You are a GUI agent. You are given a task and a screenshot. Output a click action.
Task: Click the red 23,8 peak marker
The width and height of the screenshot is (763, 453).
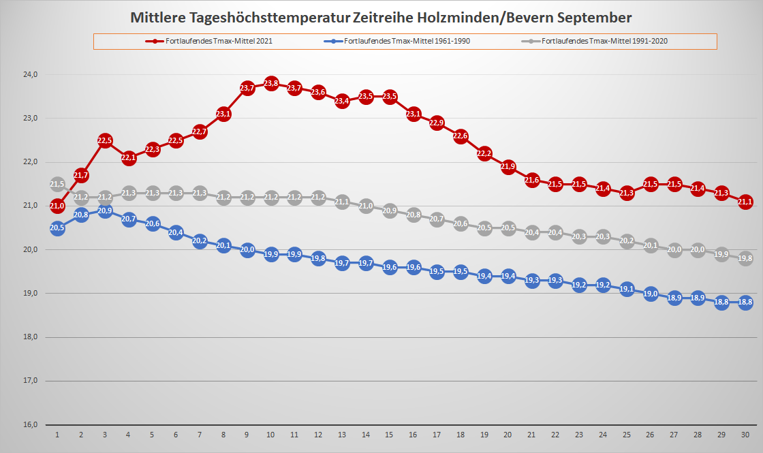(271, 83)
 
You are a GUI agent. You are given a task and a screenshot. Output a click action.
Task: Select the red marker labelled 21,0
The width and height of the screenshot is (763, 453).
(57, 206)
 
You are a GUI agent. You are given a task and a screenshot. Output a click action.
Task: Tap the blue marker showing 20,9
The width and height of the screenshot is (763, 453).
(105, 211)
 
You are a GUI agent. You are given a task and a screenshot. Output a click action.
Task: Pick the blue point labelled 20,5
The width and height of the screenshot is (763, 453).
(57, 228)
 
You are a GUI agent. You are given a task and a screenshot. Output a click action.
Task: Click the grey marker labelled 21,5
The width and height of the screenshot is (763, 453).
(57, 185)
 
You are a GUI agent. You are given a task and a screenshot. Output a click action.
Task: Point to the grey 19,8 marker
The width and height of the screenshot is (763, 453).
(745, 258)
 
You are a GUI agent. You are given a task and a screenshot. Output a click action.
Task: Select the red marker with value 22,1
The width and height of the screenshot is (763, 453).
(129, 158)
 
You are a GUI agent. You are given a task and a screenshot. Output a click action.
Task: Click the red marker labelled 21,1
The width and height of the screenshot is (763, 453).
(745, 202)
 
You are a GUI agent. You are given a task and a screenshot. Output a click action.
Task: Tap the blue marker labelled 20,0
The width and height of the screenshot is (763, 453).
(247, 250)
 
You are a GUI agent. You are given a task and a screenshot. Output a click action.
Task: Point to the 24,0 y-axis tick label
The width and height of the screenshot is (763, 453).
(29, 74)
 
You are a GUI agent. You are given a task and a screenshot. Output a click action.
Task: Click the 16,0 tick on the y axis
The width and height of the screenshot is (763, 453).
(29, 424)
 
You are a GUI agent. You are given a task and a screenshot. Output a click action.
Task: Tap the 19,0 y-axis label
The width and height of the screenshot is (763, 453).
(29, 293)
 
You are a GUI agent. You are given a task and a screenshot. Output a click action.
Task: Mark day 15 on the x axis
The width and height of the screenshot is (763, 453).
(390, 435)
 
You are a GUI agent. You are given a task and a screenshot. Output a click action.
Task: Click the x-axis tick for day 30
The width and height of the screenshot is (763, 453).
(745, 435)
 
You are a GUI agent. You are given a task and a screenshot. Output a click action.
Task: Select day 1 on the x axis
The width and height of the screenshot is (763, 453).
(57, 435)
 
